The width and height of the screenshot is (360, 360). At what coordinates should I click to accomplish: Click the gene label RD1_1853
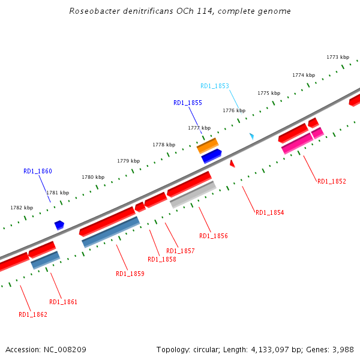[x=215, y=86]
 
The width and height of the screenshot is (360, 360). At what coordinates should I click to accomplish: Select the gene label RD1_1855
[x=188, y=103]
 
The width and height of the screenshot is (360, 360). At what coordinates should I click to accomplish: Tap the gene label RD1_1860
[x=38, y=171]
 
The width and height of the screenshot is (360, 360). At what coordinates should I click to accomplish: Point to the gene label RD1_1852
[x=332, y=181]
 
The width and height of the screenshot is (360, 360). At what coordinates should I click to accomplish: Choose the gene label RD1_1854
[x=270, y=212]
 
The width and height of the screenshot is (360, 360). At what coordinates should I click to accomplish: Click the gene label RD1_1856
[x=214, y=236]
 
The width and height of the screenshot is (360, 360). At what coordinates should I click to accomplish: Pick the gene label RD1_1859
[x=130, y=274]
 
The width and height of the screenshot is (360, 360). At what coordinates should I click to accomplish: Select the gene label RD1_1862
[x=33, y=314]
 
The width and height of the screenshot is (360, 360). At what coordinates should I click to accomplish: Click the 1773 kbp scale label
[x=338, y=57]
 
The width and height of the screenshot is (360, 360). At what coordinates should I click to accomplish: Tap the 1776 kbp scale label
[x=234, y=110]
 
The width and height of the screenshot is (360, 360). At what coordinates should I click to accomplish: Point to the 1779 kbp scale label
[x=128, y=161]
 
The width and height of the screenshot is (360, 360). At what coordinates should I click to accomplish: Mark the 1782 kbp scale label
[x=22, y=208]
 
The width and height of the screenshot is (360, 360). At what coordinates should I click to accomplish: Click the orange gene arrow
[x=208, y=145]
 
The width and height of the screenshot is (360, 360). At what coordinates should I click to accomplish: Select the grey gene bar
[x=193, y=195]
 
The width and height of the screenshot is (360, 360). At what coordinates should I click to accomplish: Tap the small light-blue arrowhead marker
[x=252, y=136]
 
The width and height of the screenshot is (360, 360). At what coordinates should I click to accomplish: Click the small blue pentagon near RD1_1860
[x=59, y=225]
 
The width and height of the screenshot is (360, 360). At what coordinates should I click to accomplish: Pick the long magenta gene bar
[x=297, y=143]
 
